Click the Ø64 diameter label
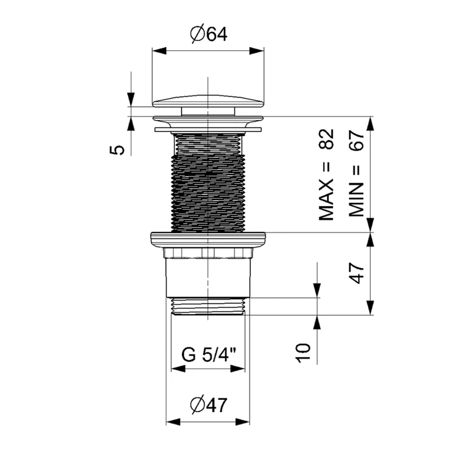(x=209, y=34)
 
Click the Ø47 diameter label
(x=209, y=405)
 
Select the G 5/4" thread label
(x=209, y=355)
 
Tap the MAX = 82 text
(x=326, y=175)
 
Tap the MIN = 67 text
(x=356, y=174)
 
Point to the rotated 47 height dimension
(x=357, y=274)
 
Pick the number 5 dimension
(x=117, y=150)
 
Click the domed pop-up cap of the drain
(x=209, y=101)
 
